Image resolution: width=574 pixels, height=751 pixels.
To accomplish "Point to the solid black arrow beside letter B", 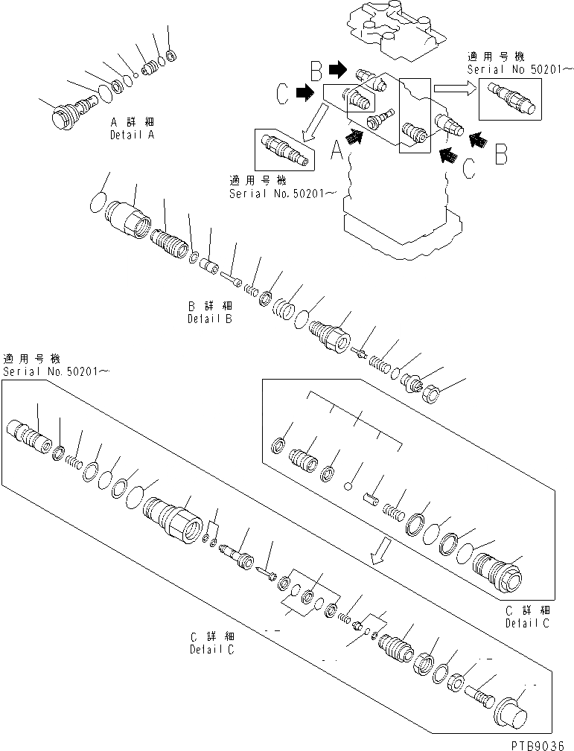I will tap(337, 70).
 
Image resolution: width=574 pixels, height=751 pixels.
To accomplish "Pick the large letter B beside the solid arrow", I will tap(316, 71).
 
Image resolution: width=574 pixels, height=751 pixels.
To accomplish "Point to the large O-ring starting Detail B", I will tap(99, 202).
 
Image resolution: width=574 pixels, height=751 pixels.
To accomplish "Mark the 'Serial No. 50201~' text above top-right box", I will tap(520, 69).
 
